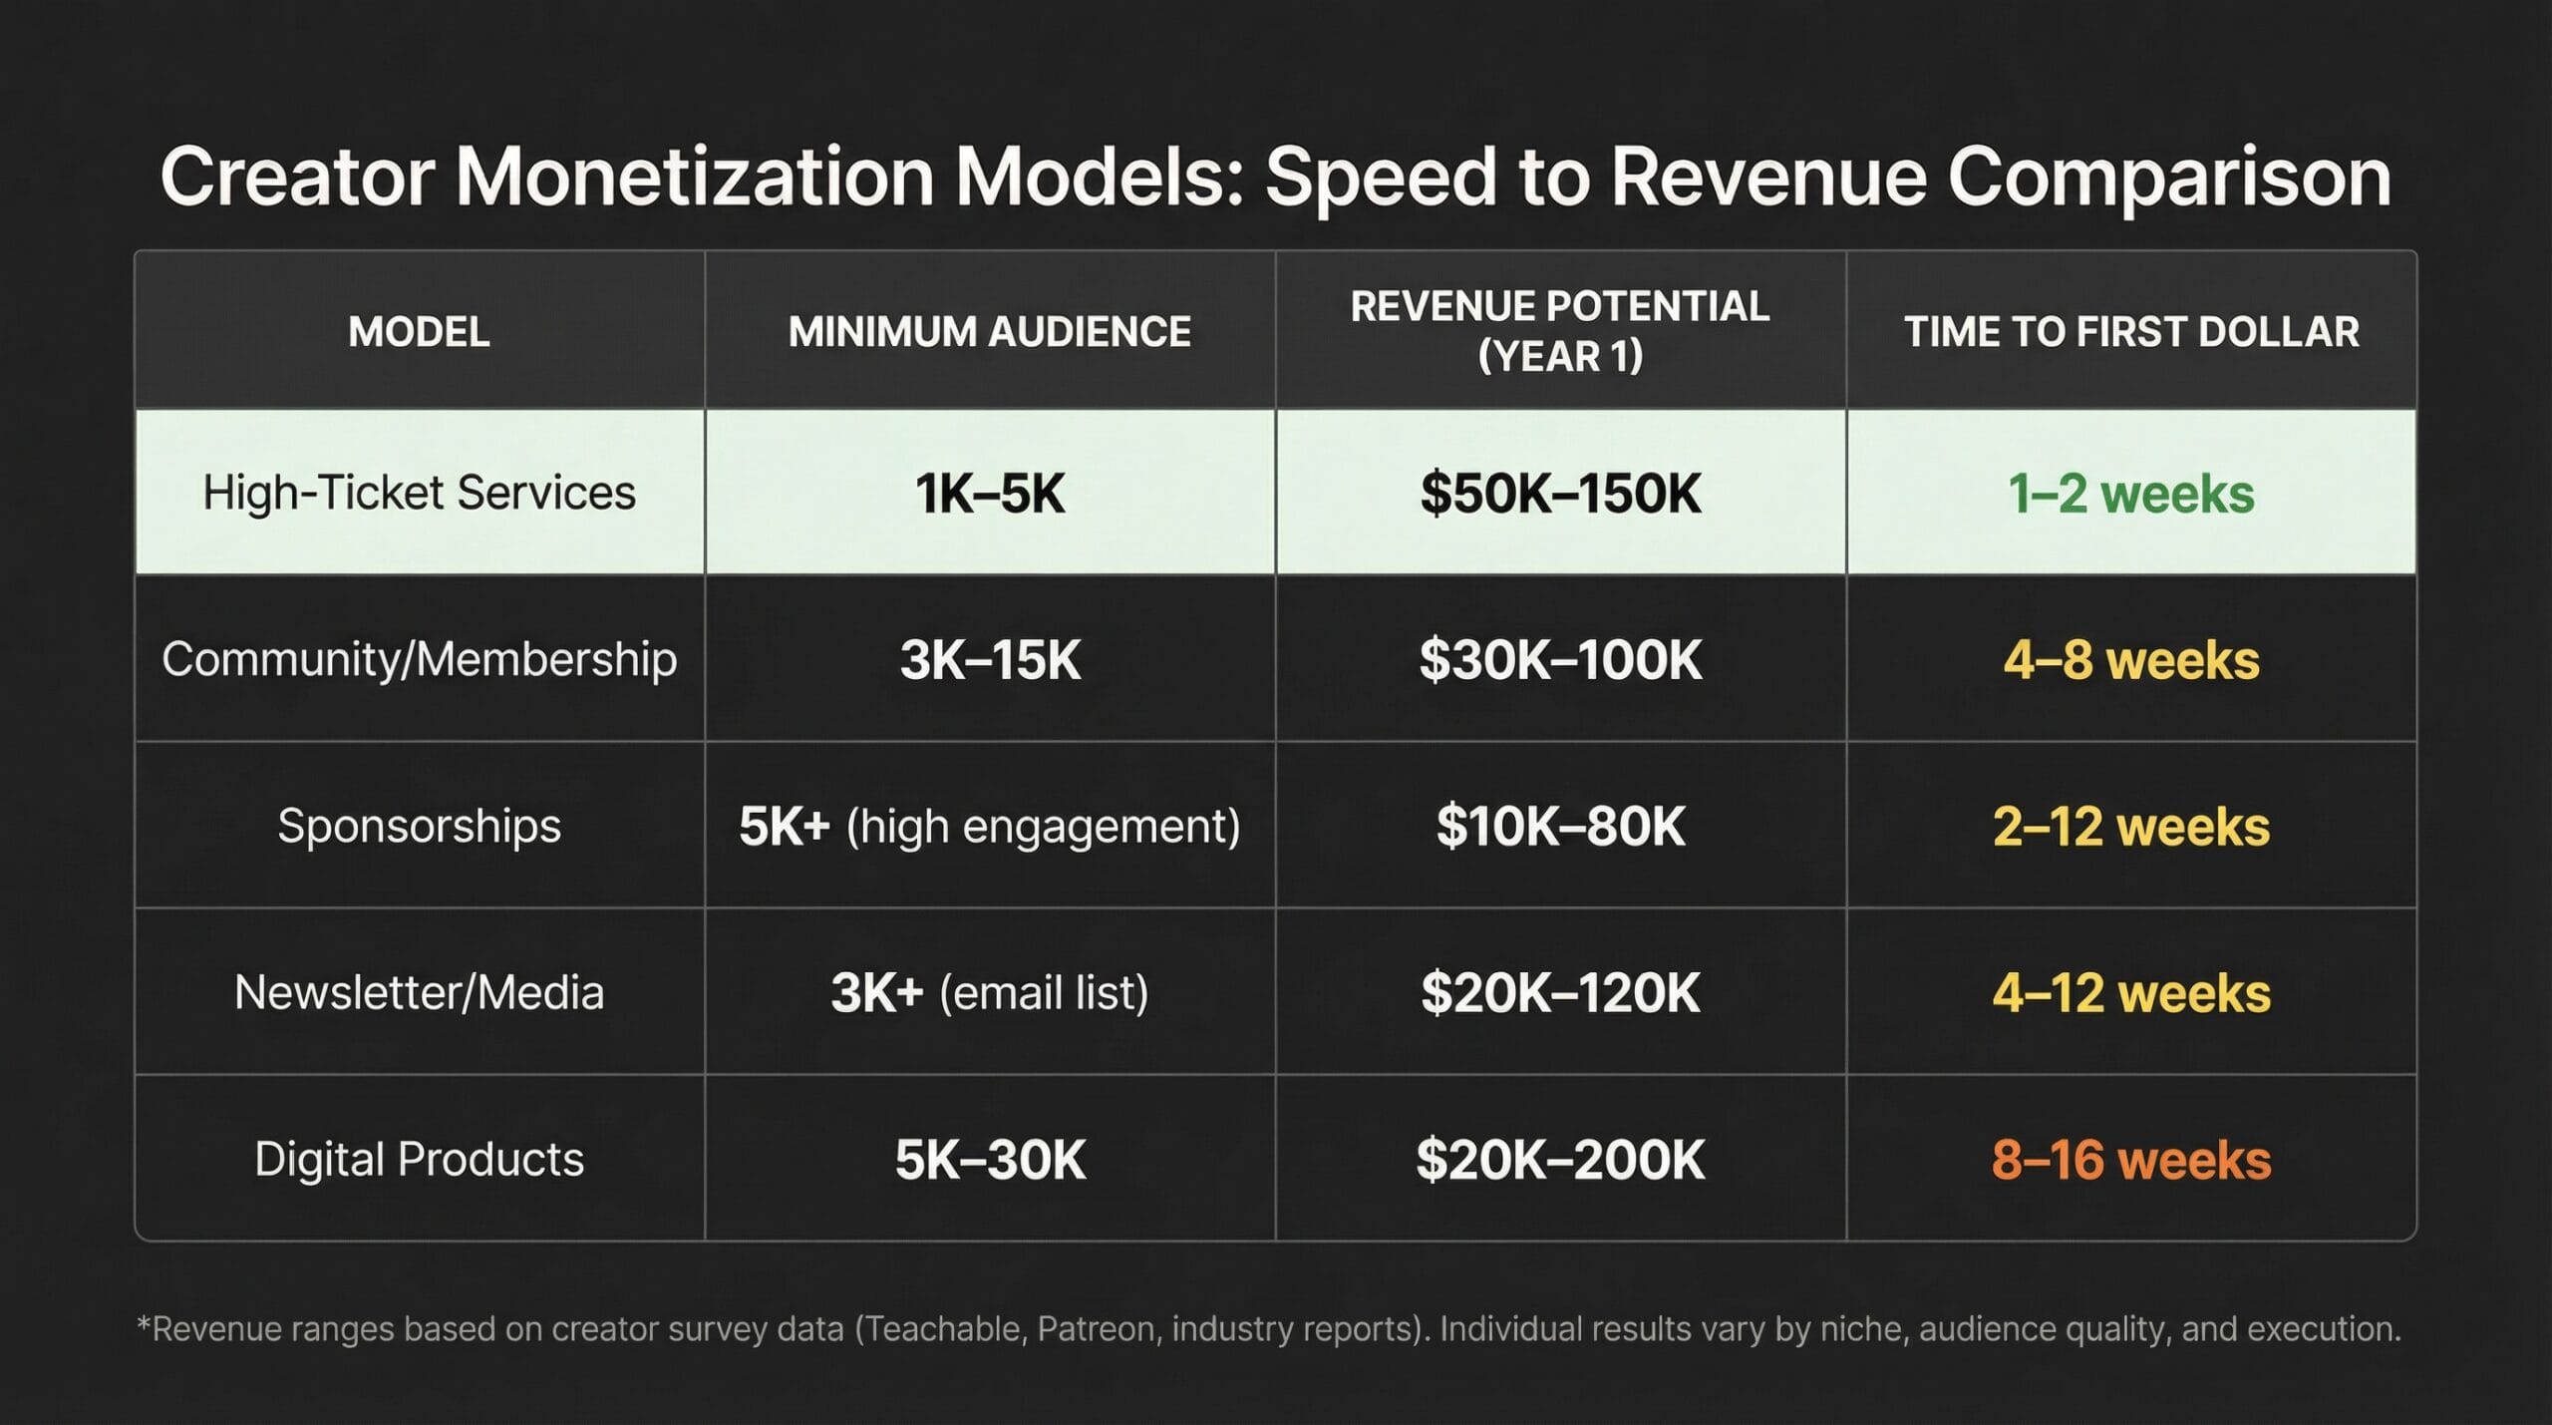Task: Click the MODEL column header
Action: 419,332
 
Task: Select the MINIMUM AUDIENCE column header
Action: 989,332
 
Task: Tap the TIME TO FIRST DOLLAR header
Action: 2131,332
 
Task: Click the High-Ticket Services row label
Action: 419,493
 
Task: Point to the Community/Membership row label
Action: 419,659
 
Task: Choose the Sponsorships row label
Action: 419,826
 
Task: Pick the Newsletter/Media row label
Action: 419,992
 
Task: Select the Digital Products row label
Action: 419,1159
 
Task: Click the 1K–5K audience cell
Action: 989,494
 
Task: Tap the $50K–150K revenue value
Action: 1560,494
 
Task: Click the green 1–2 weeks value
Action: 2131,494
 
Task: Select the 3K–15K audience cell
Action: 989,660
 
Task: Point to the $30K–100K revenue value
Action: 1560,660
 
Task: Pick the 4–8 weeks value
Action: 2131,660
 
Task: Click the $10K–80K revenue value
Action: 1560,827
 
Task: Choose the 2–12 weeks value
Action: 2131,827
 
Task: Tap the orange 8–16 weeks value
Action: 2131,1160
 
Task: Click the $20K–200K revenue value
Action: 1560,1160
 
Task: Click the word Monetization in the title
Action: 695,178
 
